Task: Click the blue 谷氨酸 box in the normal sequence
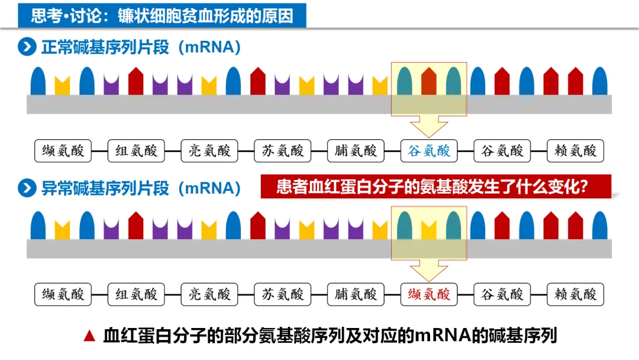pyautogui.click(x=429, y=150)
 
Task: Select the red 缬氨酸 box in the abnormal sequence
pyautogui.click(x=429, y=294)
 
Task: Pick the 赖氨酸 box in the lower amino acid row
pyautogui.click(x=575, y=294)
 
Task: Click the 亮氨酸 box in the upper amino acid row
pyautogui.click(x=209, y=150)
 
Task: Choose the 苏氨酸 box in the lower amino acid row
pyautogui.click(x=282, y=294)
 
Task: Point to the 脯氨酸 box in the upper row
pyautogui.click(x=356, y=150)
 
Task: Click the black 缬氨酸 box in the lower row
pyautogui.click(x=63, y=294)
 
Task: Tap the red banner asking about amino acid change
pyautogui.click(x=435, y=187)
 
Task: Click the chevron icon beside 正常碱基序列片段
pyautogui.click(x=27, y=47)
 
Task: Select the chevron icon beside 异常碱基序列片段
pyautogui.click(x=27, y=188)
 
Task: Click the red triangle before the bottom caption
pyautogui.click(x=89, y=336)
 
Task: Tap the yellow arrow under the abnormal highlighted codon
pyautogui.click(x=429, y=269)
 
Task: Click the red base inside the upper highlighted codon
pyautogui.click(x=429, y=82)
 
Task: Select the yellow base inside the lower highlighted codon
pyautogui.click(x=429, y=229)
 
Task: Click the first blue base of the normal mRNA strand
pyautogui.click(x=38, y=81)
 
